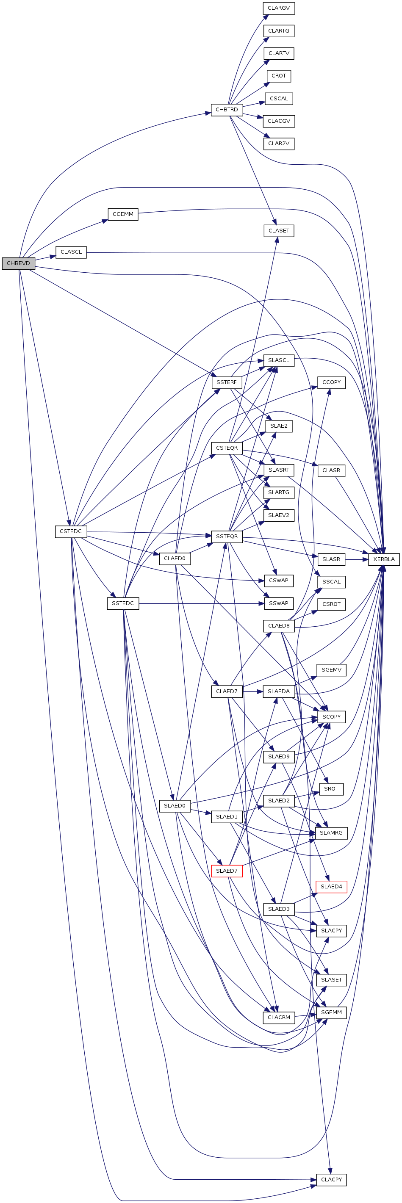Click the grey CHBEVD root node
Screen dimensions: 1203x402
(x=18, y=263)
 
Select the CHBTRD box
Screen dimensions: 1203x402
(x=227, y=110)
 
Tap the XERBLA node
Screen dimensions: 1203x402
(x=384, y=559)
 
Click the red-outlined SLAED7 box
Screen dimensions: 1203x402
(x=227, y=871)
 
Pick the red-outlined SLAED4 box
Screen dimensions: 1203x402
(x=331, y=886)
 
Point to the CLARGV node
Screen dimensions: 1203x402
(x=279, y=8)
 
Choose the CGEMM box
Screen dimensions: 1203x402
(x=123, y=214)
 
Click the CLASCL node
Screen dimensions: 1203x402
(x=71, y=252)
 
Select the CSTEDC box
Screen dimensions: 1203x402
(x=71, y=531)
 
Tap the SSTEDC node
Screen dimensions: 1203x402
(x=123, y=603)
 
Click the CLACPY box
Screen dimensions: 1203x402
(x=331, y=1180)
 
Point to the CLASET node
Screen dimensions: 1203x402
(x=279, y=231)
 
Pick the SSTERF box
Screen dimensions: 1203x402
(x=227, y=382)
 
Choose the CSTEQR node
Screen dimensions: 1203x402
(x=227, y=448)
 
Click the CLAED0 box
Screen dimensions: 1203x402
(x=175, y=559)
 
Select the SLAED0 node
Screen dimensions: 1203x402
(x=175, y=805)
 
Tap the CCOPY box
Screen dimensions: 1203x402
(x=331, y=382)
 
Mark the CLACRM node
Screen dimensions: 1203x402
(x=279, y=1017)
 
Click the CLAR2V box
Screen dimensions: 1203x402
(x=279, y=144)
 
